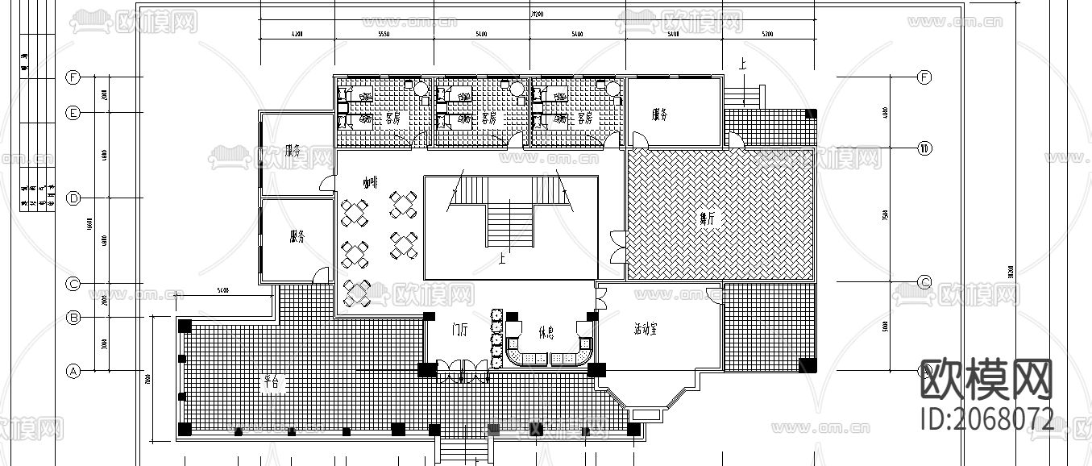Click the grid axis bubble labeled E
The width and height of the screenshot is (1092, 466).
pyautogui.click(x=73, y=113)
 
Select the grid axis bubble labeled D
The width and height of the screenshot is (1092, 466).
pyautogui.click(x=73, y=198)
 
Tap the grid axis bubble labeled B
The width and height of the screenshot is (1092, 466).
pyautogui.click(x=73, y=318)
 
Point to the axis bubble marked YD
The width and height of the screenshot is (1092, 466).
pyautogui.click(x=925, y=149)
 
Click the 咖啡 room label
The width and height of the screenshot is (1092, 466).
pyautogui.click(x=370, y=184)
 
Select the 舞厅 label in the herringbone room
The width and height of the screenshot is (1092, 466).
pyautogui.click(x=707, y=218)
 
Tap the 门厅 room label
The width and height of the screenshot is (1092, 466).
pyautogui.click(x=460, y=329)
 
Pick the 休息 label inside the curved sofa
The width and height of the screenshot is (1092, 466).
pyautogui.click(x=545, y=332)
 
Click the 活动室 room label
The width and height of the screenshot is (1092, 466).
pyautogui.click(x=646, y=329)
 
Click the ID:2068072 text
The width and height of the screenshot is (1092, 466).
pyautogui.click(x=986, y=419)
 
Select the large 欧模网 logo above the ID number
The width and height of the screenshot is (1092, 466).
pyautogui.click(x=986, y=380)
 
